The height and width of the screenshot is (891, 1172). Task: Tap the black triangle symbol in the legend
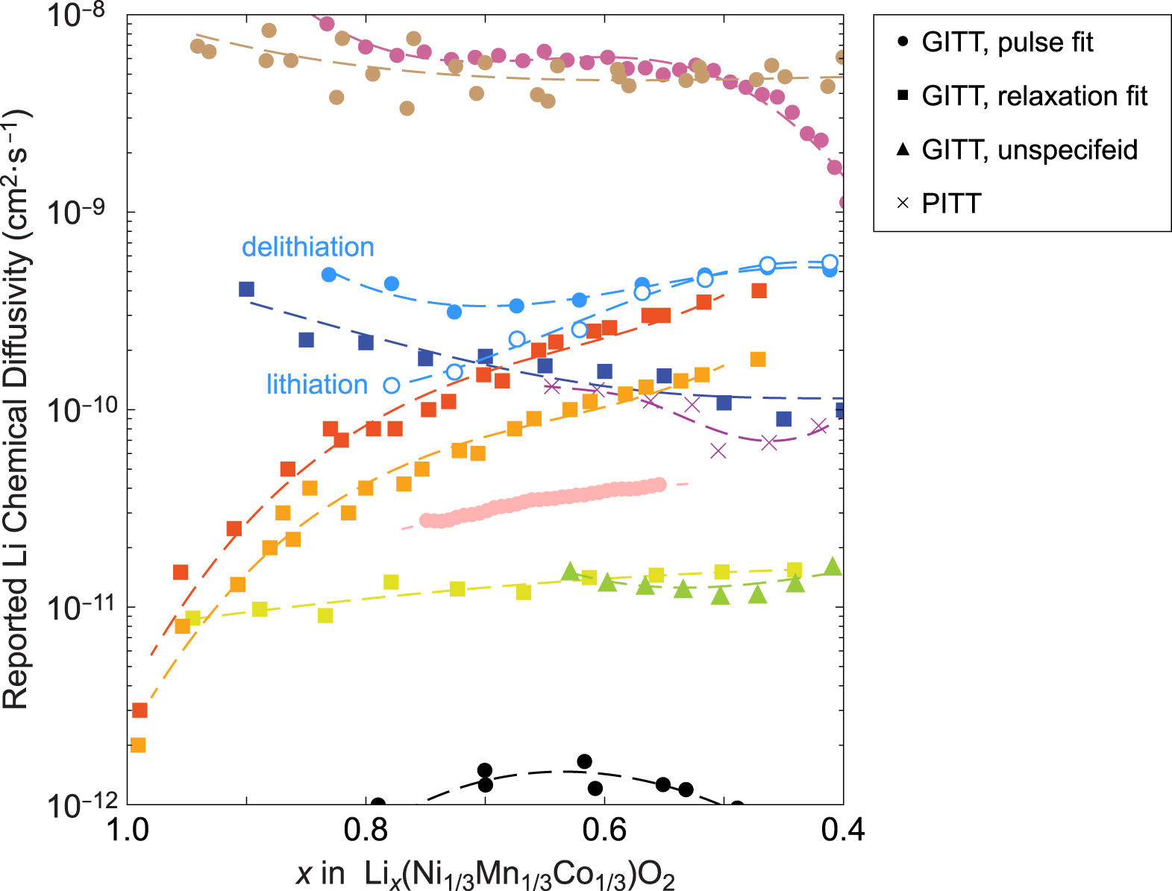click(903, 149)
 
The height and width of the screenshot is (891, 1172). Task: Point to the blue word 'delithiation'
click(307, 247)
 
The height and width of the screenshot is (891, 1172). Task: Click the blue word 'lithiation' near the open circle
click(317, 384)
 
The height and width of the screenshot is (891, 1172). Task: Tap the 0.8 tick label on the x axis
click(366, 829)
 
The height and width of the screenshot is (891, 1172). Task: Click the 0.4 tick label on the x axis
click(843, 829)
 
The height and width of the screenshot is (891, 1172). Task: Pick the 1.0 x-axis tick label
click(128, 829)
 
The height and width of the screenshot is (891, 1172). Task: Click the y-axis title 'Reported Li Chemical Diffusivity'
click(16, 410)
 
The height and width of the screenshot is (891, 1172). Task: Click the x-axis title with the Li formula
click(485, 874)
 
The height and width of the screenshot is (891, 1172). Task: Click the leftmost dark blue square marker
click(246, 289)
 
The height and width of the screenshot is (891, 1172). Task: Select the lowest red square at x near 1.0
click(140, 711)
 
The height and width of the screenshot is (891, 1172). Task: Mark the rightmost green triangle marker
click(833, 567)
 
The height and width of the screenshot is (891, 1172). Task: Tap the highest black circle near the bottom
click(584, 761)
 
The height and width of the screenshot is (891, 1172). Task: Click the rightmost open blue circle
click(830, 262)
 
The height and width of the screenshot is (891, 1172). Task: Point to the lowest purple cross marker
click(718, 451)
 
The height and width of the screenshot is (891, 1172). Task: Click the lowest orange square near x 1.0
click(138, 745)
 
